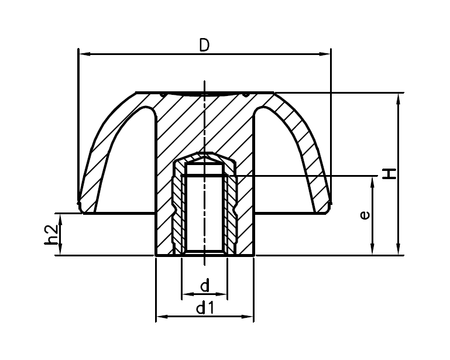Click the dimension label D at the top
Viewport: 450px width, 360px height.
[x=204, y=45]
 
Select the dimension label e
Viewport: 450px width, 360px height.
[x=365, y=215]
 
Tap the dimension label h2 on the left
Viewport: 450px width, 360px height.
[x=52, y=234]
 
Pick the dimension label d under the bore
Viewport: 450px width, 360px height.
[x=204, y=286]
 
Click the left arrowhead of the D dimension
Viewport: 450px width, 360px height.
[x=83, y=54]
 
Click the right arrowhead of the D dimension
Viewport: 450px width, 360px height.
[x=327, y=54]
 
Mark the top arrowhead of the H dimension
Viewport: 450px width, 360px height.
[x=399, y=97]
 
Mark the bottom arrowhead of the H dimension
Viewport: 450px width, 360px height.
[x=399, y=251]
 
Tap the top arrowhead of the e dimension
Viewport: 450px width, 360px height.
[x=373, y=180]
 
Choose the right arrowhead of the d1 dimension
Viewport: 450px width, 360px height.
[x=249, y=317]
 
